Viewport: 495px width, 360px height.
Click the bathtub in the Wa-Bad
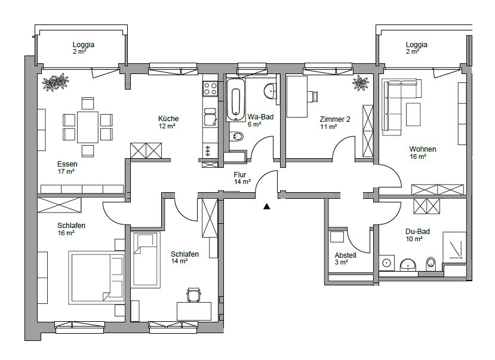click(x=235, y=100)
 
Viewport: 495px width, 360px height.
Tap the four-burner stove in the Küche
click(x=210, y=89)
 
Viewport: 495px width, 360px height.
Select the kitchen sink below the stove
click(x=210, y=118)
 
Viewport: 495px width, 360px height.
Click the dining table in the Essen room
click(x=87, y=127)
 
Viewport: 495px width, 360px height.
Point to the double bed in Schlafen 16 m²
click(x=96, y=278)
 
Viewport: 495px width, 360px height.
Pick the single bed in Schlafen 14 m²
click(x=146, y=260)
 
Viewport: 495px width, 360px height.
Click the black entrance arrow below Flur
click(x=267, y=207)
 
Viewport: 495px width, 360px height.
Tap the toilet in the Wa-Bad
click(x=236, y=137)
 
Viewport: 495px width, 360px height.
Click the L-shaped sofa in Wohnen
click(x=398, y=101)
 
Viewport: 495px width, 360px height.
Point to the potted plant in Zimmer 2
click(x=361, y=83)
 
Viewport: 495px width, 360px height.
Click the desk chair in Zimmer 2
click(x=312, y=96)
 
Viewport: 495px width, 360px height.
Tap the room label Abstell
click(x=345, y=256)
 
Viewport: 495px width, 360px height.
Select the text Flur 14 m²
click(x=242, y=179)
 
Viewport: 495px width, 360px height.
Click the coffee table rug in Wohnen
click(x=413, y=114)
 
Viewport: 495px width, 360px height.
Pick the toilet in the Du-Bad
click(x=431, y=263)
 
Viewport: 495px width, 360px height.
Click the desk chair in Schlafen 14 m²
click(x=193, y=295)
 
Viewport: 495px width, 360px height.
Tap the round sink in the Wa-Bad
click(x=270, y=91)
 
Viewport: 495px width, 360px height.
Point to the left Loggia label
click(x=84, y=45)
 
